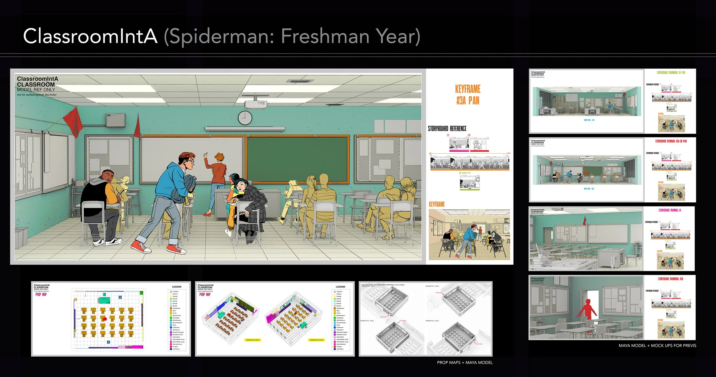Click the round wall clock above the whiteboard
(245, 118)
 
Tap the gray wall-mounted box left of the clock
(116, 120)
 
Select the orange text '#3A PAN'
(468, 101)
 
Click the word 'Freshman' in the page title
(325, 36)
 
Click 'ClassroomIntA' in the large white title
(90, 36)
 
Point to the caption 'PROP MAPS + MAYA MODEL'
(465, 362)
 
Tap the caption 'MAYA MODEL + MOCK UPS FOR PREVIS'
(657, 345)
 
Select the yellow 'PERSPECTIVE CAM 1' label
(252, 340)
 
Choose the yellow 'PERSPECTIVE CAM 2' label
(316, 340)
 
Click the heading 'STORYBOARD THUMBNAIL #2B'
(670, 279)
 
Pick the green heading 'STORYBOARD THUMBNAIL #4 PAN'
(671, 73)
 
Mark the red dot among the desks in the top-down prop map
(105, 319)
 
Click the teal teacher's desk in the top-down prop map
(105, 300)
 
